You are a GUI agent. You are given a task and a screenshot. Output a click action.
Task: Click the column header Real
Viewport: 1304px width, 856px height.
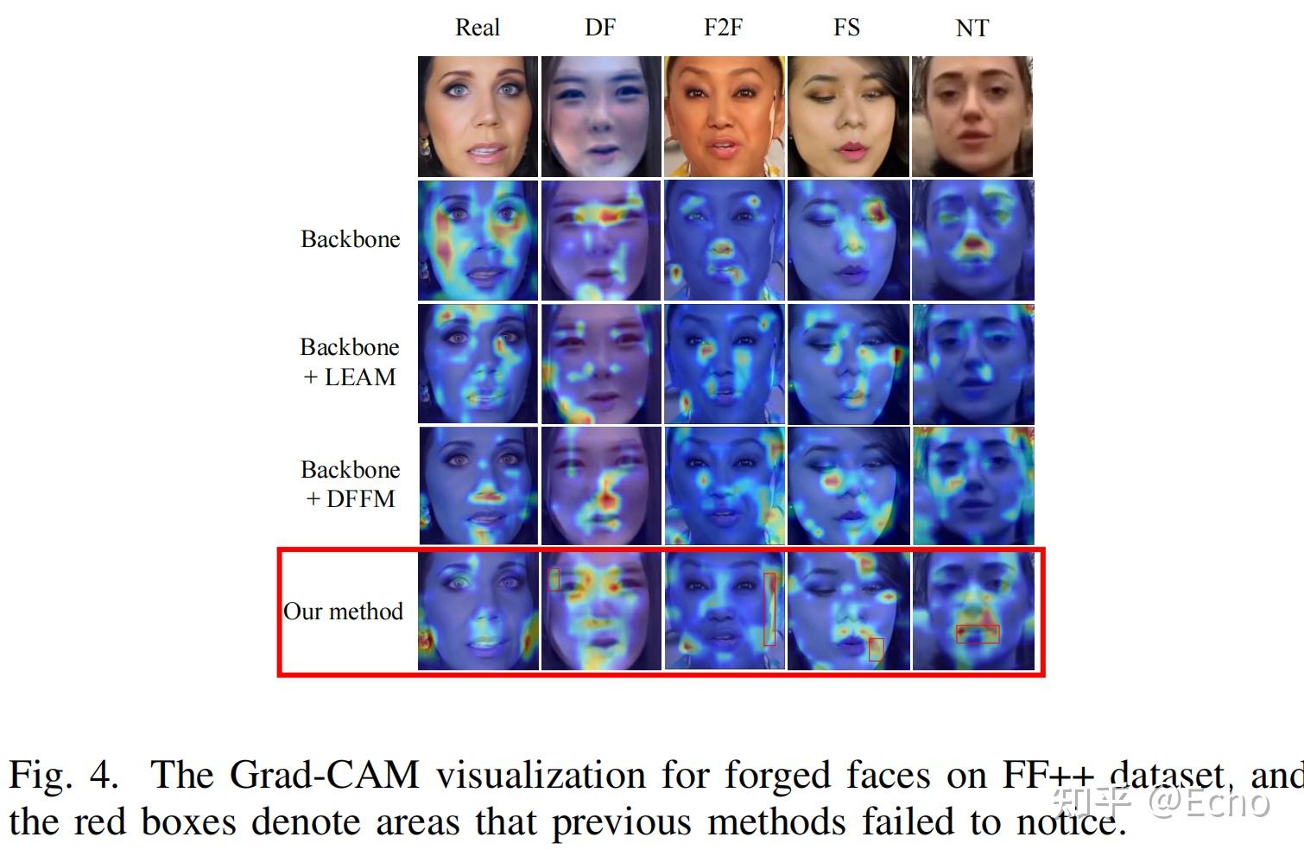(477, 28)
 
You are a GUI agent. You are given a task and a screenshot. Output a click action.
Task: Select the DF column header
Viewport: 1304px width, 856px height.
(599, 28)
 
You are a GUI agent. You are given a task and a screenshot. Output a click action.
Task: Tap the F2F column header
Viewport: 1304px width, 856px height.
(723, 28)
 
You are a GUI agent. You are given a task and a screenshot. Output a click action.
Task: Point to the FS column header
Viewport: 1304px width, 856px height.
(846, 28)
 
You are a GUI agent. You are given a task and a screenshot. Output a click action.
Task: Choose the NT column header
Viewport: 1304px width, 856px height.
(972, 29)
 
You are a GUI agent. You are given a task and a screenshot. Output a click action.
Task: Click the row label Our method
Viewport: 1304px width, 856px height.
(343, 612)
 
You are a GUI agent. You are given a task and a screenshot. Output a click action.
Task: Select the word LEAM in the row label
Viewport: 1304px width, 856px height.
(360, 377)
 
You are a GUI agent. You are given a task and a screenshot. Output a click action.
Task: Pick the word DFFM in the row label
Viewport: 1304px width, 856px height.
(361, 499)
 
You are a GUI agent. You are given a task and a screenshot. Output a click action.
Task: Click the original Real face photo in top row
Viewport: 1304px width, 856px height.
(478, 117)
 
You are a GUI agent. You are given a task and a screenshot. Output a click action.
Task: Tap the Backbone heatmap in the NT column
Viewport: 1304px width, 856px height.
(972, 240)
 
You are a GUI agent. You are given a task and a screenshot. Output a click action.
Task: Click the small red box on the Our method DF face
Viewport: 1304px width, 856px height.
(554, 579)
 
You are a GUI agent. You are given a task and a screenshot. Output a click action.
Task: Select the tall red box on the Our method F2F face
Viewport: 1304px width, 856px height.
(769, 609)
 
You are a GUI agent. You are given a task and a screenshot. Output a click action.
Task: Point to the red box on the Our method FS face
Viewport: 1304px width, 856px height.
(876, 649)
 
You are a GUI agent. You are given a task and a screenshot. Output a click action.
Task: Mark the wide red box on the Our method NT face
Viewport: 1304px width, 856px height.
(978, 634)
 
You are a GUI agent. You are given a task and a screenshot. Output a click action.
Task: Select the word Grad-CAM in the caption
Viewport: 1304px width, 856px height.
(324, 775)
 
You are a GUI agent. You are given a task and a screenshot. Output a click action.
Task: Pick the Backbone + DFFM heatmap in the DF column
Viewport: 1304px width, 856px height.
(600, 485)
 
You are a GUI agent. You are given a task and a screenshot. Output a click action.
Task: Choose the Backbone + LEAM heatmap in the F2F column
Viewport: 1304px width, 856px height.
(724, 363)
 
